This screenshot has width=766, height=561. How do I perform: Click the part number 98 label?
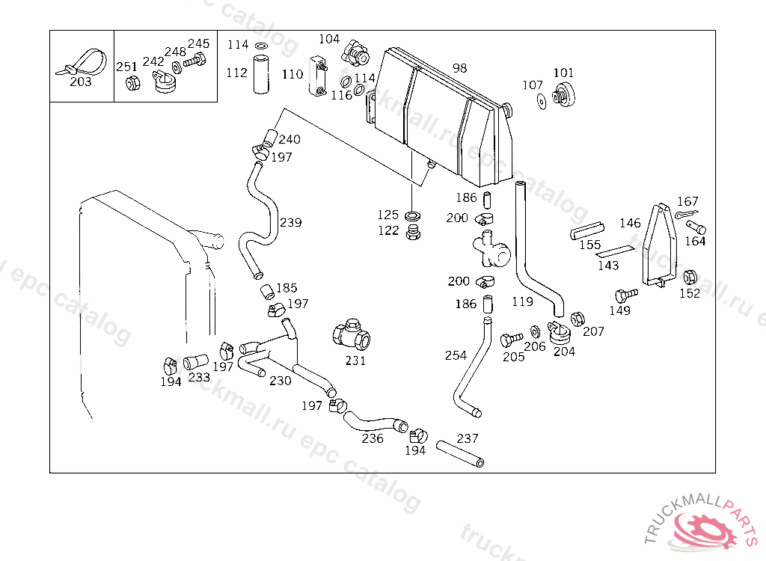pos(460,68)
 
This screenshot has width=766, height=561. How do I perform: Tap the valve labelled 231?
pos(352,335)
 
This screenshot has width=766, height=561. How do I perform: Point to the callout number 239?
pos(291,222)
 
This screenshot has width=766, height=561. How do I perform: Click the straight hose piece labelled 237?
pos(460,454)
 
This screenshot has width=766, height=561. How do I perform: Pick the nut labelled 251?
pos(132,83)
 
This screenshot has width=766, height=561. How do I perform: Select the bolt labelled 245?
pos(194,61)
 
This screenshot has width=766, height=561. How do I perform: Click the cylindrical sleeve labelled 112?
pos(261,74)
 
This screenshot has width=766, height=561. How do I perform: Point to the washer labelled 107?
pos(542,101)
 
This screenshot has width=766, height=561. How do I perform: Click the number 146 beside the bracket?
pos(630,223)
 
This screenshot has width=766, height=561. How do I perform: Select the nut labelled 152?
pos(689,277)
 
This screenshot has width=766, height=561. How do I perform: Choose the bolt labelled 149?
pos(626,295)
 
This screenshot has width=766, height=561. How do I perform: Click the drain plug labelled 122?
pos(413,232)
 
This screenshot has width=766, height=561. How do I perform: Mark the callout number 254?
pos(456,355)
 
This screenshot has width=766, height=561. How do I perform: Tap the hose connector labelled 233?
pos(195,362)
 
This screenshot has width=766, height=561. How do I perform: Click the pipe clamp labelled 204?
pos(559,332)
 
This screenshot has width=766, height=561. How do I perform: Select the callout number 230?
pos(281,380)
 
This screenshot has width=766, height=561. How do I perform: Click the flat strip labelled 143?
pos(614,251)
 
